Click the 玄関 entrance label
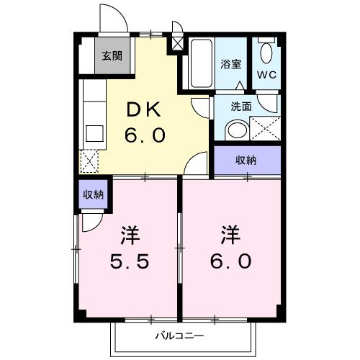coord(111,56)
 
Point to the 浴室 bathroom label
coord(231,63)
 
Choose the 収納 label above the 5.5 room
coord(92,194)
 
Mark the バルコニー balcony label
coord(179,336)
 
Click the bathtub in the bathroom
coord(199,64)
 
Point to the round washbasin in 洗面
coord(235,130)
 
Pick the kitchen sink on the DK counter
coord(93,134)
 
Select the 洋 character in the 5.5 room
coord(130,235)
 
